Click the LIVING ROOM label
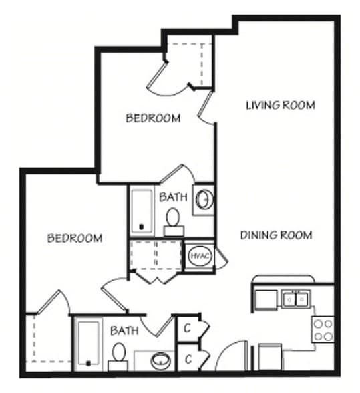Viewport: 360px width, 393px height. point(281,105)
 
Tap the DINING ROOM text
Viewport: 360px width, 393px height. point(276,235)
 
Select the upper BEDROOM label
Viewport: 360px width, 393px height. point(153,118)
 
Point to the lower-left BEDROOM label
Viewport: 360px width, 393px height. point(75,238)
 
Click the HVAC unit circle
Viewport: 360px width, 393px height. point(200,255)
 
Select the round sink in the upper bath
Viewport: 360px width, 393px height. point(205,199)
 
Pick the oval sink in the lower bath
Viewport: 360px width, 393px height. point(160,360)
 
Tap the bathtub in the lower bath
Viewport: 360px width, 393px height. point(88,343)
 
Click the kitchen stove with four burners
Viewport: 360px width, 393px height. point(323,330)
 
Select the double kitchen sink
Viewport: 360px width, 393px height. point(296,299)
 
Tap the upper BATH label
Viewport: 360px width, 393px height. point(173,197)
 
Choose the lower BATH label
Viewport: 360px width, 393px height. point(124,331)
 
